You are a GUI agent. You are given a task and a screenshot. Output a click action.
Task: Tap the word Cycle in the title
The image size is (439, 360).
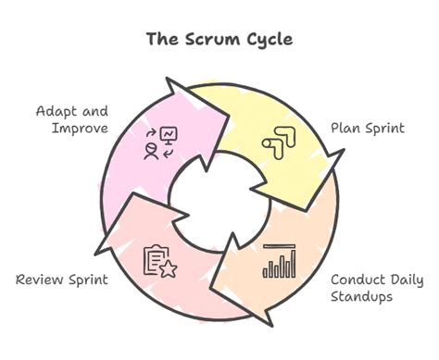[268, 40]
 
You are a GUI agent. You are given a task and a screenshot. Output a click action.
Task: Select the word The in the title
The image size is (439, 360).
[162, 40]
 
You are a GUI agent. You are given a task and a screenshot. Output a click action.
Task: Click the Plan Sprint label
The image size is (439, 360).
[368, 128]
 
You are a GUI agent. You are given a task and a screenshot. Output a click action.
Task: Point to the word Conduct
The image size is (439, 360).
[357, 279]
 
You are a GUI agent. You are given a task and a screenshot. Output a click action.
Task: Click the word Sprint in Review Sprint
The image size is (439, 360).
[89, 279]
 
